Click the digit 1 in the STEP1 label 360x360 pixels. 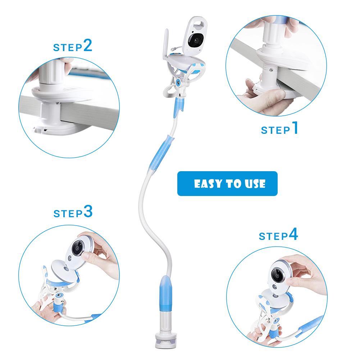[295, 128]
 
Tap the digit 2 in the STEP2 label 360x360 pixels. [88, 46]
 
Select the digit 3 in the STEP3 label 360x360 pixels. [88, 212]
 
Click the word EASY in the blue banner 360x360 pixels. [207, 184]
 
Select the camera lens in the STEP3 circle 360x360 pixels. [76, 247]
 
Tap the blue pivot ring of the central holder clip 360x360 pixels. [178, 83]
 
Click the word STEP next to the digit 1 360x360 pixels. [275, 130]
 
